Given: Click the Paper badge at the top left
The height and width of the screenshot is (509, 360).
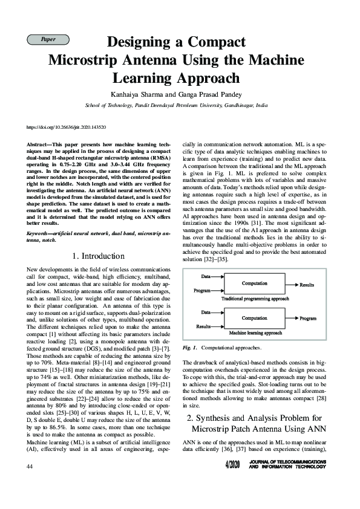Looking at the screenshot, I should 47,39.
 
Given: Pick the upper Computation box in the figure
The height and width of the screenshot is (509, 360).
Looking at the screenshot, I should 255,283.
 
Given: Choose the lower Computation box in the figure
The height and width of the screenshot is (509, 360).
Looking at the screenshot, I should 255,317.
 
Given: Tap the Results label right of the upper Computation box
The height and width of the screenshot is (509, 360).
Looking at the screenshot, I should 307,284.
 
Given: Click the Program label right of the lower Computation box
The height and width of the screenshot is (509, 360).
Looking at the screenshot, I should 308,318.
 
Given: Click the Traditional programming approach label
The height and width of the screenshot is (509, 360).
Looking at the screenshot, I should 255,299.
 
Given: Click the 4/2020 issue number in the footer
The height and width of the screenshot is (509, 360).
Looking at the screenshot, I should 232,464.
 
